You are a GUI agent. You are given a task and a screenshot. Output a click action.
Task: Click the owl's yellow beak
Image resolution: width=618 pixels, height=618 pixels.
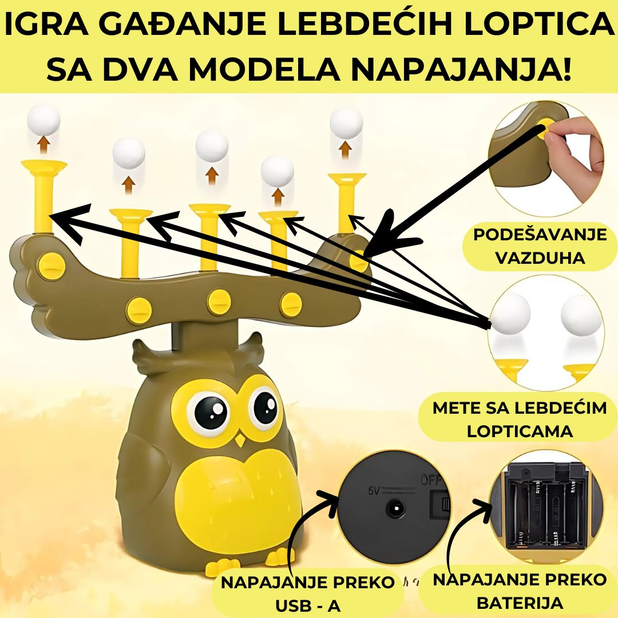click(x=239, y=440)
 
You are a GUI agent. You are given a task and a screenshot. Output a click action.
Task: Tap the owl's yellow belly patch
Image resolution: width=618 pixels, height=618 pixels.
click(x=232, y=500)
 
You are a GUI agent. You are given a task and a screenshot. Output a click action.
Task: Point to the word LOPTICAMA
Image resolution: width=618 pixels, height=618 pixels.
click(x=520, y=431)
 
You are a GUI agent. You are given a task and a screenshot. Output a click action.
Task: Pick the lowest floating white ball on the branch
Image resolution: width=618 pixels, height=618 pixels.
click(x=277, y=172)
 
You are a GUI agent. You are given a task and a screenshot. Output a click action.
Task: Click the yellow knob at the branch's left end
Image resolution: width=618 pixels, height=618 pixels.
click(x=51, y=266)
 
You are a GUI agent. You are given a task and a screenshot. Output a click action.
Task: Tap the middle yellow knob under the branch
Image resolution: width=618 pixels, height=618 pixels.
click(x=219, y=302)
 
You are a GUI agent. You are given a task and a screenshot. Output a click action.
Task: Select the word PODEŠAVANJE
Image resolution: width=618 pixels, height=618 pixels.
click(x=540, y=235)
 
